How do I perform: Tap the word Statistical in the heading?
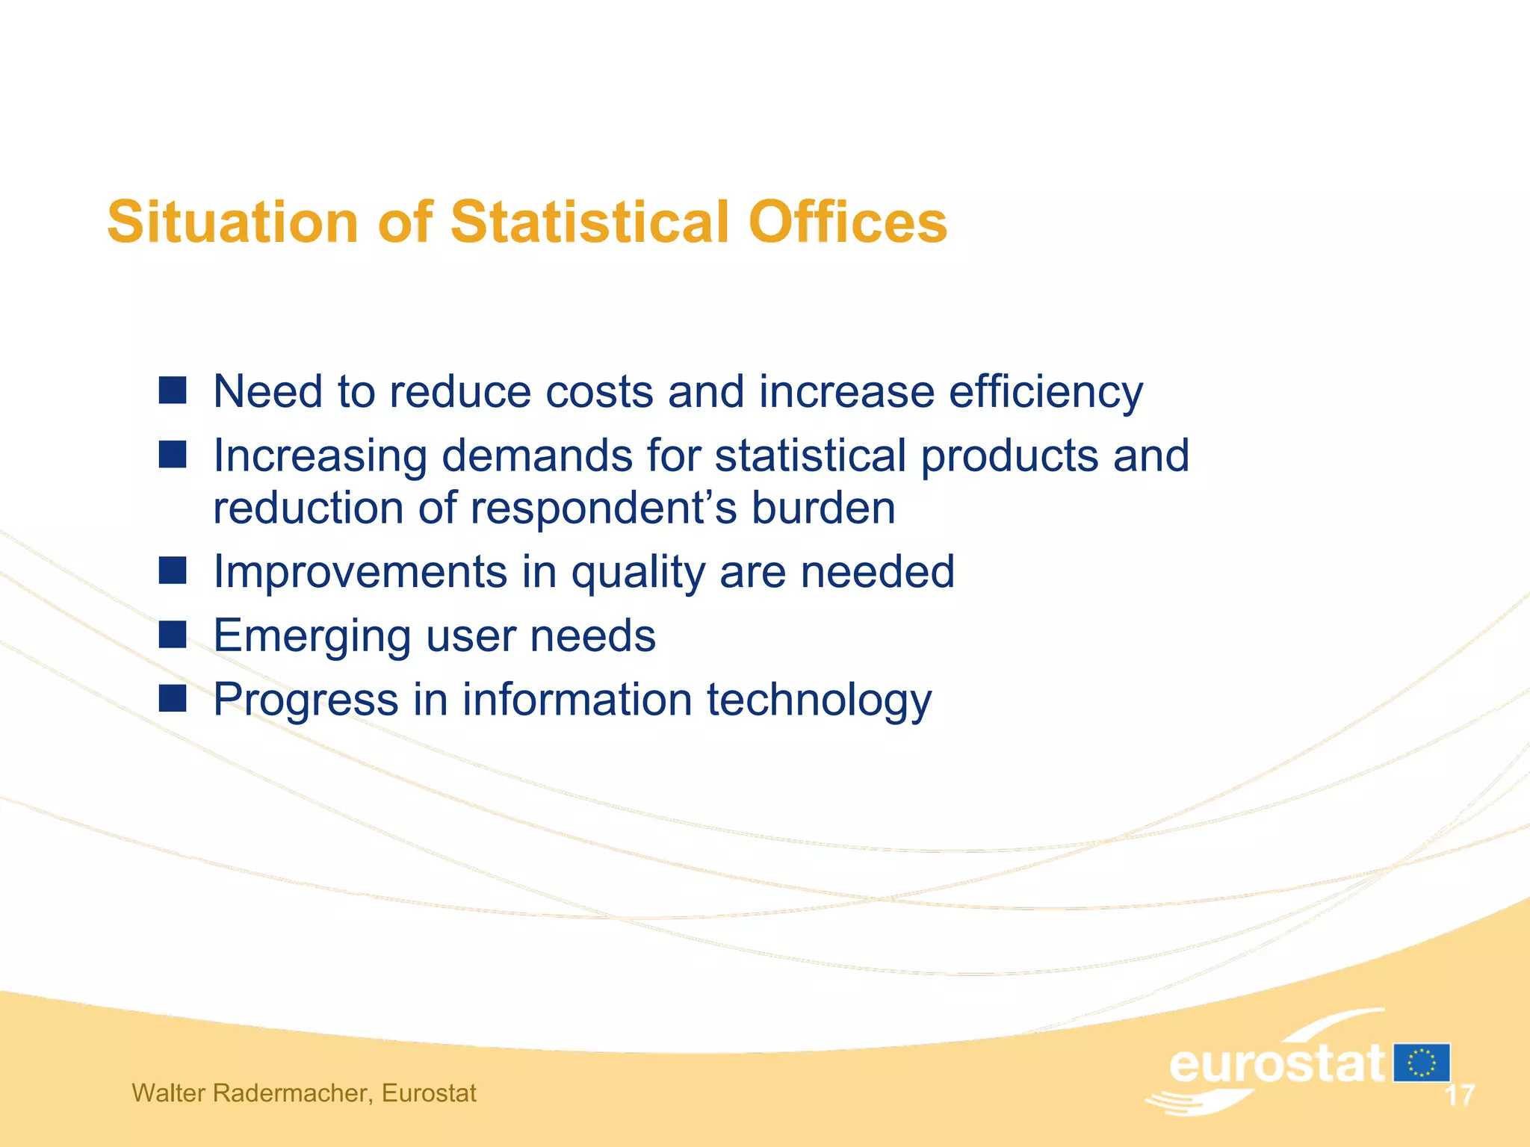(589, 222)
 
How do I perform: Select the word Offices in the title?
(847, 222)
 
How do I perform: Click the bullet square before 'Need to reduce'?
(173, 390)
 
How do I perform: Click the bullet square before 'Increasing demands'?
(173, 454)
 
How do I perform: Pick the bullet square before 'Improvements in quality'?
(173, 571)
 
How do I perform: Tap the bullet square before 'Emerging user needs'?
(173, 635)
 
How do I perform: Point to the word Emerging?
(312, 636)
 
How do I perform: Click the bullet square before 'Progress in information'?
(173, 699)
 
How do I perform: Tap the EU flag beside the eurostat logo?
(1421, 1063)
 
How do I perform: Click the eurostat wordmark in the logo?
(1276, 1063)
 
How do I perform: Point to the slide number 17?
(1459, 1095)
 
